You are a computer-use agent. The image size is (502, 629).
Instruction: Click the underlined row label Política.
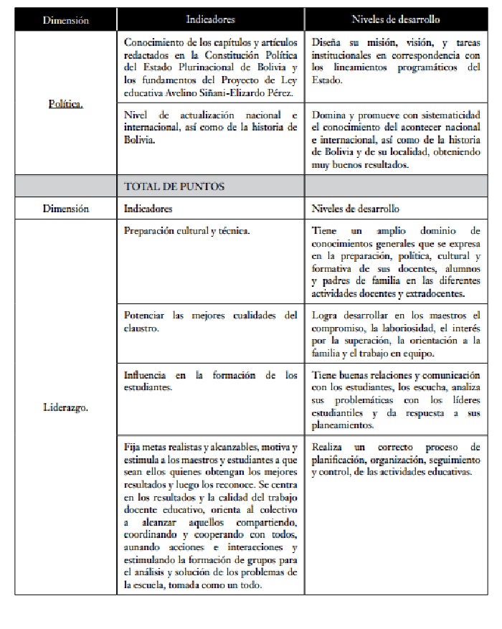[x=65, y=103]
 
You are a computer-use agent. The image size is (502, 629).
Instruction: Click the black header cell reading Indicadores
[x=210, y=20]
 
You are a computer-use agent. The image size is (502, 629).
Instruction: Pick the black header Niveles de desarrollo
[x=396, y=20]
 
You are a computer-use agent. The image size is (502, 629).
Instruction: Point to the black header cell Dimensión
[x=65, y=20]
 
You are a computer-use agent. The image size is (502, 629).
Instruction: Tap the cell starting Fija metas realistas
[x=210, y=514]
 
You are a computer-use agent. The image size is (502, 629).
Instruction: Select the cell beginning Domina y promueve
[x=396, y=139]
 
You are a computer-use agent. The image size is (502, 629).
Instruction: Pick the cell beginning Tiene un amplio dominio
[x=396, y=262]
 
